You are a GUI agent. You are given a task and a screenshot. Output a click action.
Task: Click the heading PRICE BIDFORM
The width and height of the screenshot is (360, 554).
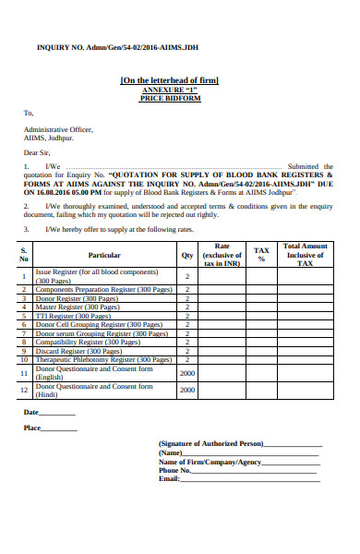point(169,97)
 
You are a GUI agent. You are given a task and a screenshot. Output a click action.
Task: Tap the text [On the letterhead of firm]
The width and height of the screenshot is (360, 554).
point(170,81)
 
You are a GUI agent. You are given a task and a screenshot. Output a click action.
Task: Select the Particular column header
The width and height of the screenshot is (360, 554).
point(104,255)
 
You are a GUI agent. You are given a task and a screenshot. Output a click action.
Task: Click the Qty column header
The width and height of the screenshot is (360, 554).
point(186,255)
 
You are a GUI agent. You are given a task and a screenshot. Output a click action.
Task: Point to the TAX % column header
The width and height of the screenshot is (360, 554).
point(261,255)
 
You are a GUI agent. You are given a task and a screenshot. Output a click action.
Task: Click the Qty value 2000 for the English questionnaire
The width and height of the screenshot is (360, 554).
point(186,372)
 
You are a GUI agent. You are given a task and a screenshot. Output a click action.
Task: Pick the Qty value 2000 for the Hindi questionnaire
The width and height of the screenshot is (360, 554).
point(186,391)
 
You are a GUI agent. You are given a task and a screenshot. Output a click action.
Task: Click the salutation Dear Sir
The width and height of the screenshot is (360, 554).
point(37,151)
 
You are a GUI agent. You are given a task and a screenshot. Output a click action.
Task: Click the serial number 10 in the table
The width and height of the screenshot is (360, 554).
point(24,359)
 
